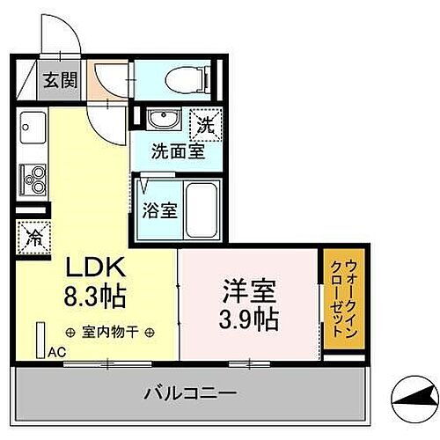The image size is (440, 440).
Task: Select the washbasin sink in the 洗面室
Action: tap(161, 120)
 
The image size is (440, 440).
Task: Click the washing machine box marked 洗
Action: tap(204, 123)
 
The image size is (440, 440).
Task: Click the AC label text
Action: tap(56, 352)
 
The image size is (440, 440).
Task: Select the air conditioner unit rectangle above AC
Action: tap(40, 338)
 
